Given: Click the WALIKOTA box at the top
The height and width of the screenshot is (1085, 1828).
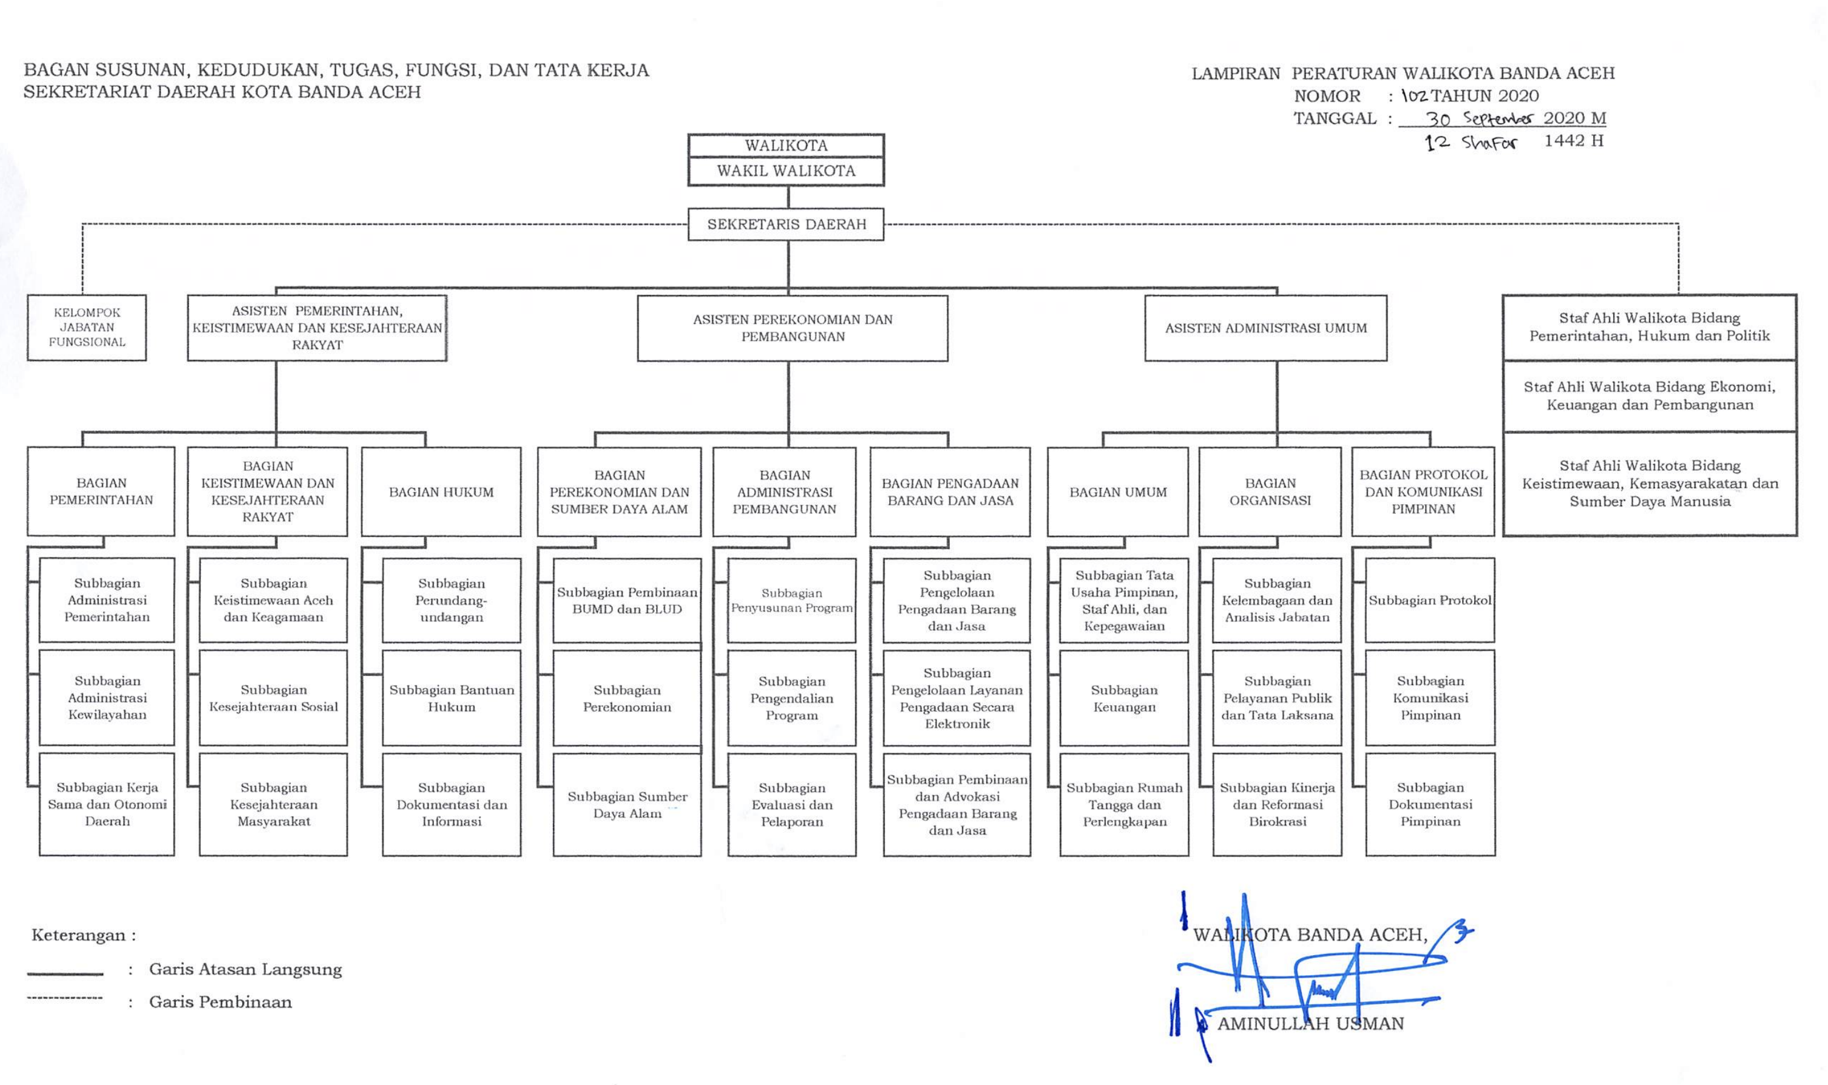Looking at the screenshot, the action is [x=786, y=146].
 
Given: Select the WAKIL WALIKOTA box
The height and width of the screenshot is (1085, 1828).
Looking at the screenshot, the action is [x=786, y=171].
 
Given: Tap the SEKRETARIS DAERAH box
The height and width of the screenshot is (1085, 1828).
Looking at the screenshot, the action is [x=786, y=225].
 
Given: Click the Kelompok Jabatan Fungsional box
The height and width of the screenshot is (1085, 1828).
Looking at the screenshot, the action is [x=87, y=328].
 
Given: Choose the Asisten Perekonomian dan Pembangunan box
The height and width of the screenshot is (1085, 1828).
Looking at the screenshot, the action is [x=793, y=328].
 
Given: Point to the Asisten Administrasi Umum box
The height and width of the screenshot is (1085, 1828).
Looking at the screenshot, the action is [x=1266, y=328].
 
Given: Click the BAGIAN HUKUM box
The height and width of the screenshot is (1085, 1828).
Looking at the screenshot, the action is [x=441, y=492].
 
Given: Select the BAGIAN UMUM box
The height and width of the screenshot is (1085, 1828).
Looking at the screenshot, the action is [x=1118, y=492].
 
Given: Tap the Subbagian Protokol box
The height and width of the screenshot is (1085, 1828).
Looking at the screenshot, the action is [x=1430, y=600].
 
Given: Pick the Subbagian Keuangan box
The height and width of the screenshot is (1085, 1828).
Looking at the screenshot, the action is [x=1124, y=698].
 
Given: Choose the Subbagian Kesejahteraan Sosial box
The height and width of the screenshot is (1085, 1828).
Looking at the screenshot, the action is [x=274, y=698].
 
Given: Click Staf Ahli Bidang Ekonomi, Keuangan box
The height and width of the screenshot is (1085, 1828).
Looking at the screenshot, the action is [x=1650, y=396].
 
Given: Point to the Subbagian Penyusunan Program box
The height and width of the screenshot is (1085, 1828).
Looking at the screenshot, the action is [x=792, y=600].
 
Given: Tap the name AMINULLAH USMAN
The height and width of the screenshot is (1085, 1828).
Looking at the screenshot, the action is [x=1310, y=1024].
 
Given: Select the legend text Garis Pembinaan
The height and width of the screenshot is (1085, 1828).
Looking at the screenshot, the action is [x=220, y=1002].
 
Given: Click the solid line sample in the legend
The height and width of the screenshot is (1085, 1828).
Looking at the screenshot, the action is [x=65, y=974].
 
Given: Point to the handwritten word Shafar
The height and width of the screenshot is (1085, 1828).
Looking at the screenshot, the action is [x=1489, y=143].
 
